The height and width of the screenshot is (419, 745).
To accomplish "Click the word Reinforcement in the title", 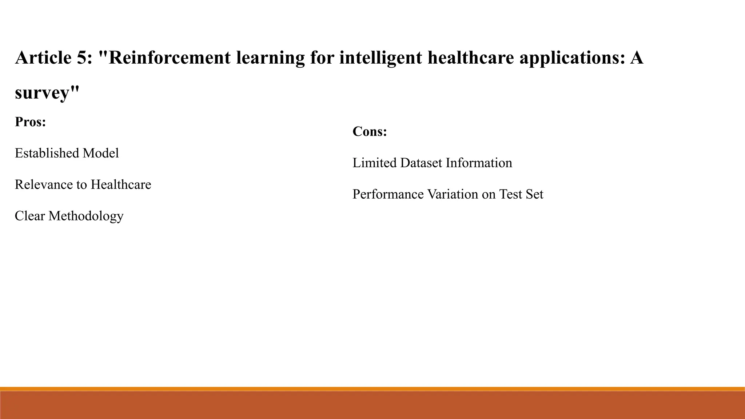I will [170, 58].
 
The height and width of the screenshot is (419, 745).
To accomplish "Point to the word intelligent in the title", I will [381, 58].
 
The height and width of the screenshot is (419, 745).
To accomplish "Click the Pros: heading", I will [31, 122].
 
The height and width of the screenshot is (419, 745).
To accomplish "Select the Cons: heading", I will [370, 131].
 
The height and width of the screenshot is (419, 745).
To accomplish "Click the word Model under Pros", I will [101, 153].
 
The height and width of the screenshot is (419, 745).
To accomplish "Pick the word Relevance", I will [44, 185].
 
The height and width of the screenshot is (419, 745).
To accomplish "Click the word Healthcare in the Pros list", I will [121, 185].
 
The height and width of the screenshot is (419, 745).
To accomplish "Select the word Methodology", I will [86, 216].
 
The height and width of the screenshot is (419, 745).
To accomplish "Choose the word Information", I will [479, 163].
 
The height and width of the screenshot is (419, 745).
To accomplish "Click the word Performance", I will [388, 194].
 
